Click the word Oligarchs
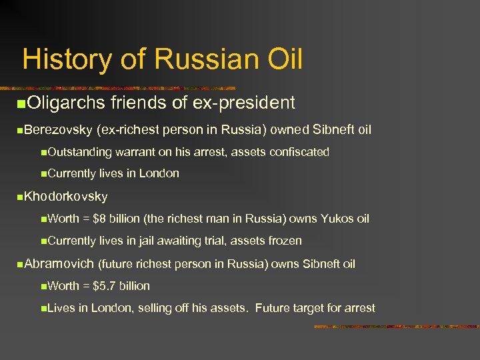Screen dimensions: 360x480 (67, 103)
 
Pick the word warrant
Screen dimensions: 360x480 (137, 152)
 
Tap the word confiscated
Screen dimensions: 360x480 (299, 152)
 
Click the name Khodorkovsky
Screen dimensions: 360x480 (66, 197)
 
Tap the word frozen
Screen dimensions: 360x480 (284, 241)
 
